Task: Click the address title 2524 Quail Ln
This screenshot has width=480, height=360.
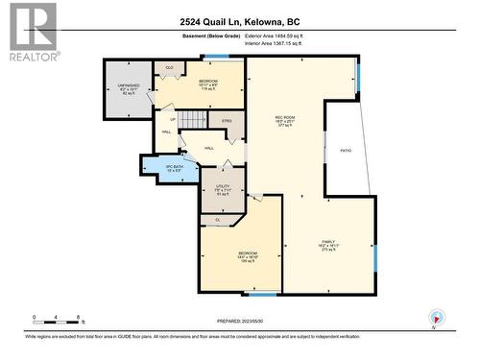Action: click(239, 21)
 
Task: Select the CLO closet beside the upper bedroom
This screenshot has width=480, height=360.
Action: click(170, 67)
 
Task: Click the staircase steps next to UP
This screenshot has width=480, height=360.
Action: click(195, 120)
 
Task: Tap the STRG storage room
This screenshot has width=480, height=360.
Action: click(227, 121)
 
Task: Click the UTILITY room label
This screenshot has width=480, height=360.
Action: click(223, 189)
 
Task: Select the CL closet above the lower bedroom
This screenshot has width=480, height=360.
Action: click(218, 220)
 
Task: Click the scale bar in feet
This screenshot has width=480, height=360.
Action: click(58, 321)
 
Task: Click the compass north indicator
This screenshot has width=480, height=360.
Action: click(438, 318)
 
